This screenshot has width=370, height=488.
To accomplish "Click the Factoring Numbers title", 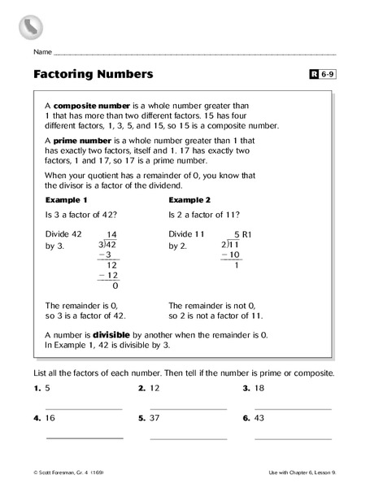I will pos(94,75).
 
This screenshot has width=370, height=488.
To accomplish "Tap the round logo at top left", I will pos(30,26).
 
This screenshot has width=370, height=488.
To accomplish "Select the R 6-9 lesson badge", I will pos(322,76).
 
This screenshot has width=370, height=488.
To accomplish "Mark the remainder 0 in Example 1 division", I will pos(115,285).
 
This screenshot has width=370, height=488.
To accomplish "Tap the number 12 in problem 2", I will pos(155,389).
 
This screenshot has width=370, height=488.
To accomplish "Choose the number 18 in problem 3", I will pos(259,389).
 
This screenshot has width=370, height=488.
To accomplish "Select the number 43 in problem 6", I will pos(259,418).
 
